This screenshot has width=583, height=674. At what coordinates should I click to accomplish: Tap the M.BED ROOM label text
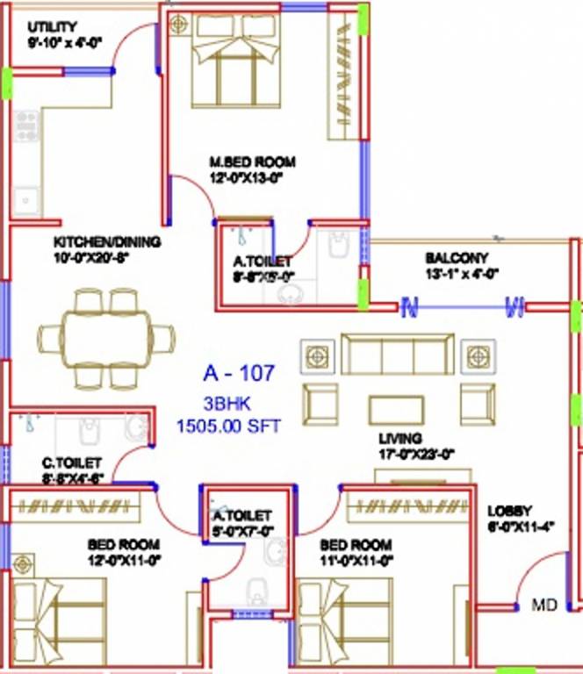click(x=252, y=162)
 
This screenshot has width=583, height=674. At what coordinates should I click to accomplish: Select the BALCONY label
click(x=456, y=258)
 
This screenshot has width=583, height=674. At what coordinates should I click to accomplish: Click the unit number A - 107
click(x=239, y=374)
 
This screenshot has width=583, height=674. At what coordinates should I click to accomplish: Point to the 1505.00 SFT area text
click(x=228, y=427)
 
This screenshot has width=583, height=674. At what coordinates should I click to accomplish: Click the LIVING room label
click(x=400, y=438)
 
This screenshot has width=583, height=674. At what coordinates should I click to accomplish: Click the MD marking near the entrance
click(x=545, y=606)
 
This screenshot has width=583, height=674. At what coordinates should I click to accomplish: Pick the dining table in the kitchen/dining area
click(x=105, y=339)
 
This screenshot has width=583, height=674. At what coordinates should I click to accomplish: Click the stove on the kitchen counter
click(x=26, y=126)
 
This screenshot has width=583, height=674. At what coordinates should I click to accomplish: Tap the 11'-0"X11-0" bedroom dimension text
click(x=356, y=558)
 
